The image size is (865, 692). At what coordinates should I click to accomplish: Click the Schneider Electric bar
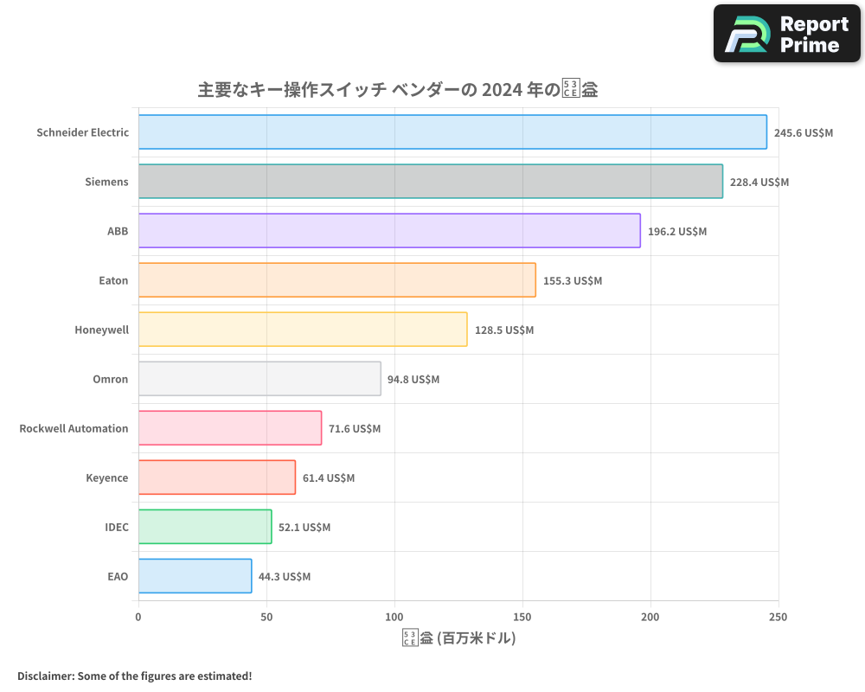click(x=452, y=132)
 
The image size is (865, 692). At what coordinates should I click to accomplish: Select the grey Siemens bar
click(x=430, y=182)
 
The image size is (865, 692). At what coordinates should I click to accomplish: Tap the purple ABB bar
click(x=389, y=231)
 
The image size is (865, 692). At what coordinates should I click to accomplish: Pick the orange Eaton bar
click(x=336, y=280)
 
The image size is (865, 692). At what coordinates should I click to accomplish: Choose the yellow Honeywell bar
click(x=303, y=330)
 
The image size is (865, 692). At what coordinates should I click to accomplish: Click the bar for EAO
click(x=195, y=576)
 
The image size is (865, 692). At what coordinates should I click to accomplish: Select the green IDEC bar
click(x=205, y=527)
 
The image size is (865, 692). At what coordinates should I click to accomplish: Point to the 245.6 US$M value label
click(x=804, y=132)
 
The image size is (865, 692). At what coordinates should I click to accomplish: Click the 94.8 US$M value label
click(x=413, y=379)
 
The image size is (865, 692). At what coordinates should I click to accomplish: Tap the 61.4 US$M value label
click(x=329, y=477)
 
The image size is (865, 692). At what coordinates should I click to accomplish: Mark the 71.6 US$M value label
click(x=355, y=428)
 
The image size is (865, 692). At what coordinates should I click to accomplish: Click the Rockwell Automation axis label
click(x=74, y=428)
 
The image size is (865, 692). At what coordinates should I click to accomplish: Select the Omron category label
click(x=110, y=379)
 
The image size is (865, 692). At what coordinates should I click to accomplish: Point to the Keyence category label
click(x=106, y=477)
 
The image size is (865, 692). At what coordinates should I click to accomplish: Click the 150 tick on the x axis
click(x=522, y=617)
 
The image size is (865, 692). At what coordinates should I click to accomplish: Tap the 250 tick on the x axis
click(x=778, y=617)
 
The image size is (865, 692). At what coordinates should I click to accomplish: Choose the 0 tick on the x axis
click(x=138, y=617)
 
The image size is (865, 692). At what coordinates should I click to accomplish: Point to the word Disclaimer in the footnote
click(x=45, y=676)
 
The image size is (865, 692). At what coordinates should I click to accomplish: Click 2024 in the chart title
click(x=502, y=90)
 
